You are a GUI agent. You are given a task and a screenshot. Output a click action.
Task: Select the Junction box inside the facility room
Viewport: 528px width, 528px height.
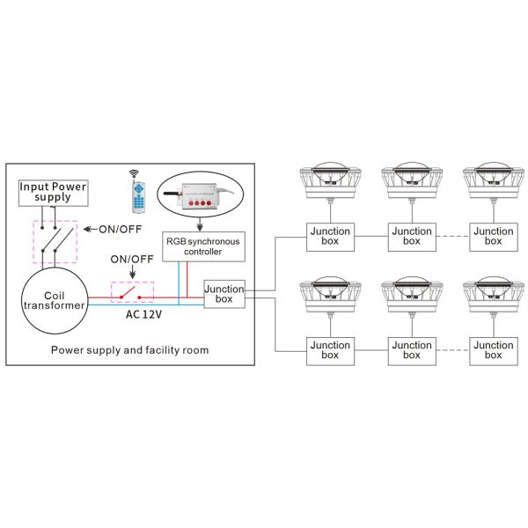click(x=223, y=295)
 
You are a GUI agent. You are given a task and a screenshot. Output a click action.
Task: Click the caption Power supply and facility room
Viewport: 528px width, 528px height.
click(x=129, y=349)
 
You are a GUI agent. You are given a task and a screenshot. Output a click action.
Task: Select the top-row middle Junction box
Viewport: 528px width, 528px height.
click(x=410, y=236)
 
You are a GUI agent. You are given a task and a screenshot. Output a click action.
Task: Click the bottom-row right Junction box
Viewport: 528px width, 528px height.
click(x=492, y=350)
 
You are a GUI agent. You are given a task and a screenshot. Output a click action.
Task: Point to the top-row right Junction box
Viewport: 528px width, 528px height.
click(x=492, y=236)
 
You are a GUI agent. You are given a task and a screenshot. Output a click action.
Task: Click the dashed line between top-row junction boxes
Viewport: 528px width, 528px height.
click(x=451, y=236)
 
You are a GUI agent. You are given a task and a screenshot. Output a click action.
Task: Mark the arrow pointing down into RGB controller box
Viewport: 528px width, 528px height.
click(x=201, y=225)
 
